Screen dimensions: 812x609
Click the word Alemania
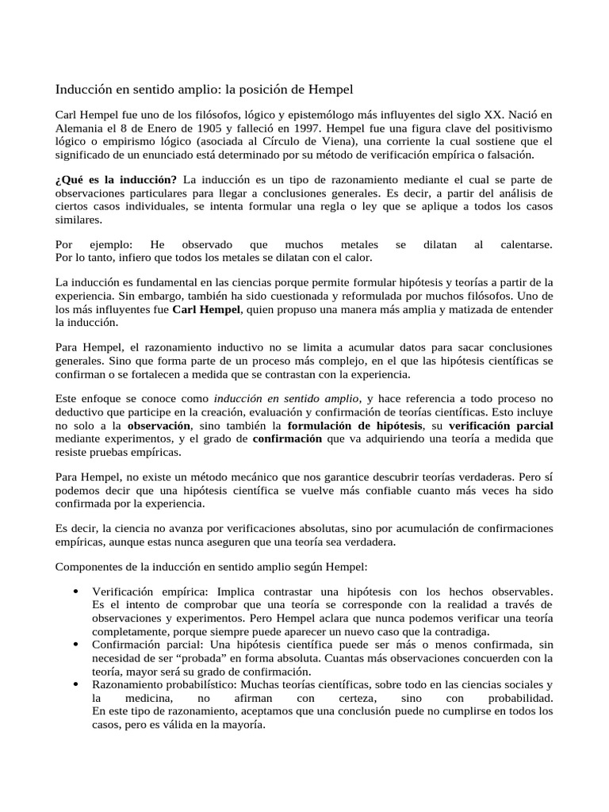tap(80, 128)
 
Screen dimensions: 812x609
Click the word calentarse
tap(527, 245)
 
